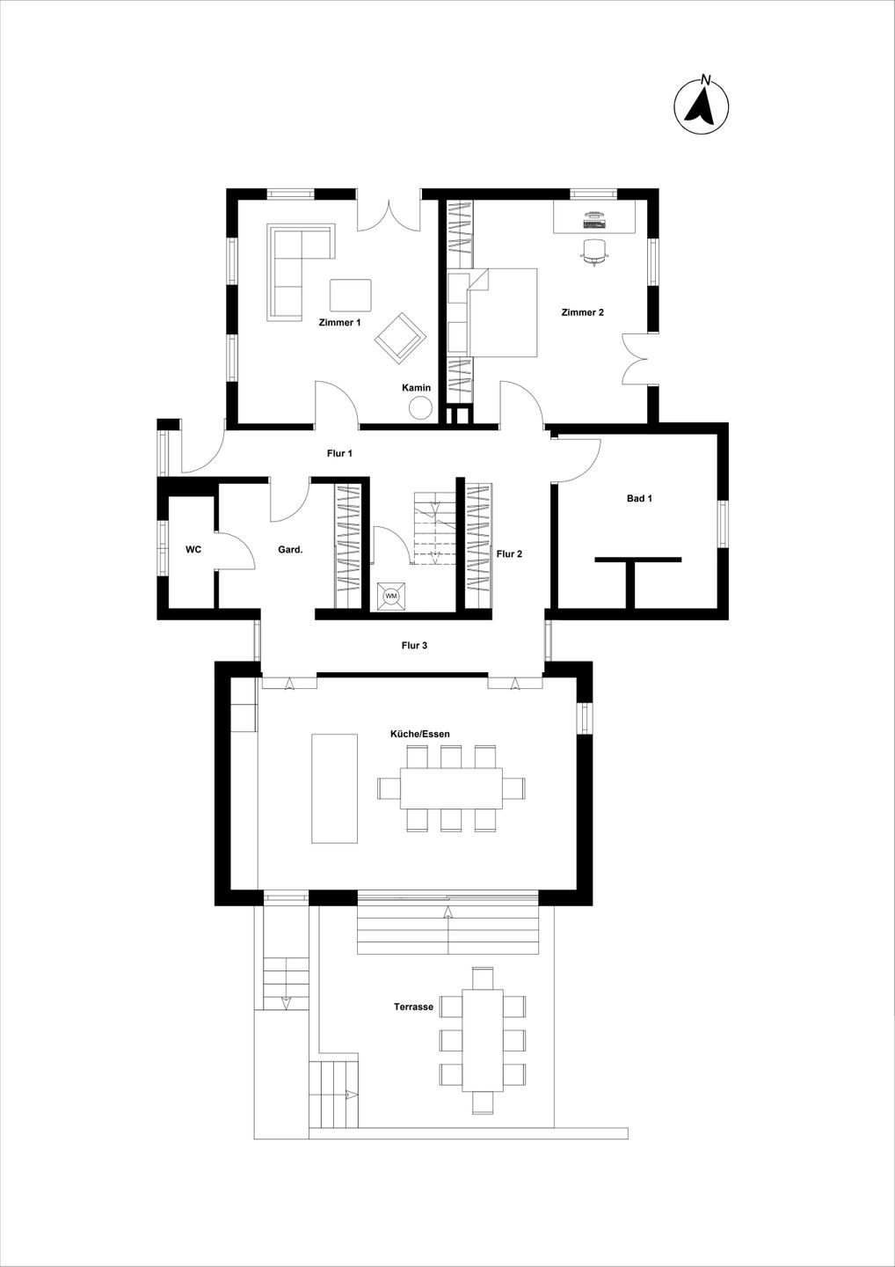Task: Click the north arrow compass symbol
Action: (x=702, y=106)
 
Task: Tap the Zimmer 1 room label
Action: (x=339, y=322)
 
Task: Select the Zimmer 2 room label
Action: (x=583, y=312)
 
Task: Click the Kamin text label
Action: (x=417, y=387)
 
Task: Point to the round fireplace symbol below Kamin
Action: (x=420, y=407)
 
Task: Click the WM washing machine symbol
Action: (x=391, y=597)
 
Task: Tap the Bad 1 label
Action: (x=640, y=498)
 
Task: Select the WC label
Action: (x=193, y=549)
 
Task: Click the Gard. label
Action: (x=290, y=549)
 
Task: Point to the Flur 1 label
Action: (x=339, y=453)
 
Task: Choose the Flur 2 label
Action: (x=509, y=553)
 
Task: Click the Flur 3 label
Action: (x=414, y=646)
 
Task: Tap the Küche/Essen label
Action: (x=420, y=734)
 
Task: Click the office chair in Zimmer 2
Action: (x=594, y=251)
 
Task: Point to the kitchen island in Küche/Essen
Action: (x=334, y=789)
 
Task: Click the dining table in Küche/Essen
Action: (x=451, y=788)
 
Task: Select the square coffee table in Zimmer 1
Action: (x=351, y=295)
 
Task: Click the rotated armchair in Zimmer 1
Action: (x=399, y=336)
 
